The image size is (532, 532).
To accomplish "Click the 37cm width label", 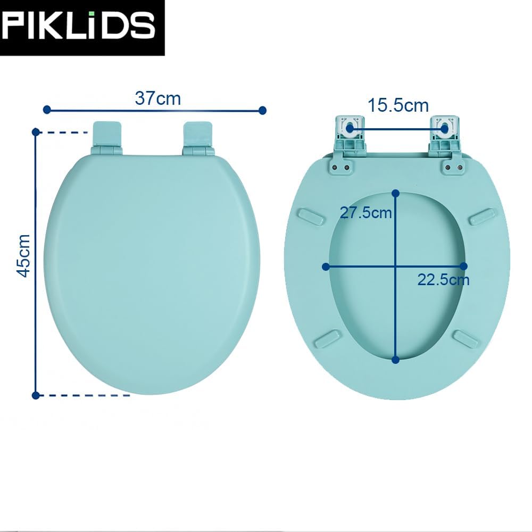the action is click(x=158, y=98).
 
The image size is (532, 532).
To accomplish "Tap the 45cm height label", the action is click(x=24, y=255).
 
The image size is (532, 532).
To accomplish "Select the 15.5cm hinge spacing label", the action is click(x=398, y=105).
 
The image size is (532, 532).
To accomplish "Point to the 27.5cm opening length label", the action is click(x=366, y=213).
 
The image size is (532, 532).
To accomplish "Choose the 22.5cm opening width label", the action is click(x=443, y=280).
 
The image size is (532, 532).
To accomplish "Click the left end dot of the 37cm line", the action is click(x=47, y=110).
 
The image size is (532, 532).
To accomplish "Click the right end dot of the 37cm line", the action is click(x=262, y=110).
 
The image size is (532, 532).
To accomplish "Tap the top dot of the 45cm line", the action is click(x=36, y=132).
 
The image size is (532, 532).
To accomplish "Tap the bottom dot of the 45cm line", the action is click(x=36, y=395).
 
